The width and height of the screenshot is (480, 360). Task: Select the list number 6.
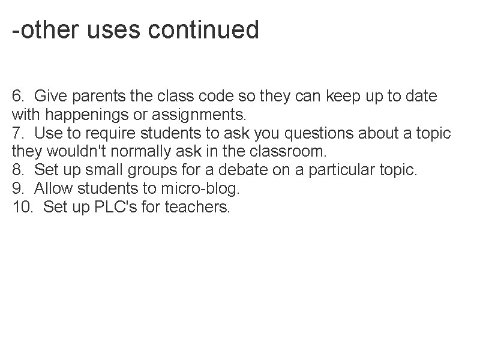click(18, 95)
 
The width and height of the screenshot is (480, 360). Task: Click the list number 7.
click(18, 133)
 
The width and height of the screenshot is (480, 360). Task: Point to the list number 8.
click(18, 170)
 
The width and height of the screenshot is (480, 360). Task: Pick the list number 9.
click(18, 188)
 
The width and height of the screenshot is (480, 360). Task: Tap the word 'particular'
click(342, 170)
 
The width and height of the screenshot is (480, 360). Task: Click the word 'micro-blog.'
click(200, 188)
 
